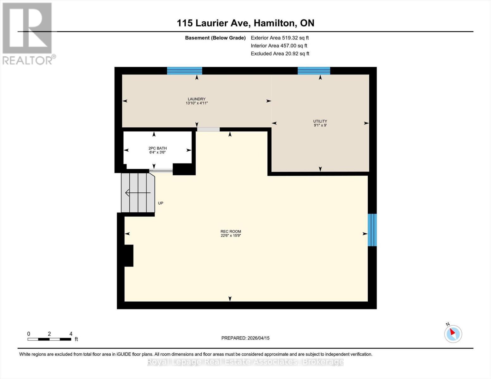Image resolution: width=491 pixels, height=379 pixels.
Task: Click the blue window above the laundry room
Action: point(184,71)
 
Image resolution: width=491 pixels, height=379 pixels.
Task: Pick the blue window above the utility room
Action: point(314,71)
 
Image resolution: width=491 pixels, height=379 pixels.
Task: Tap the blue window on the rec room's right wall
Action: point(372,230)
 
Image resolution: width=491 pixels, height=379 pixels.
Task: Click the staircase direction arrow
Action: point(138,192)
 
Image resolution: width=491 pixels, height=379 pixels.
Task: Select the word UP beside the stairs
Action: point(161,203)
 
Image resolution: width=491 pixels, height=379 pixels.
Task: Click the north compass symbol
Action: point(453,334)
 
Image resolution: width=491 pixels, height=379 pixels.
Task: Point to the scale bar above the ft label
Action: point(49,339)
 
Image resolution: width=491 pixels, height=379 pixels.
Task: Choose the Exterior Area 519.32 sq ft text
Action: point(279,38)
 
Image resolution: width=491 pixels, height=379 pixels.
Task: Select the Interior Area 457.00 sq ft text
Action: point(279,45)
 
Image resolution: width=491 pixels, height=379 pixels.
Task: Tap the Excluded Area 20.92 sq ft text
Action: point(280,53)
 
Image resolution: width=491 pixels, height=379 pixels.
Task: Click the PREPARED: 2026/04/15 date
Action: point(245,338)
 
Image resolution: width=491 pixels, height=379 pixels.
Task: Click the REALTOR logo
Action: point(28,33)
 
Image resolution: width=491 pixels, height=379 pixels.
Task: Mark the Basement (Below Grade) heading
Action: point(215,38)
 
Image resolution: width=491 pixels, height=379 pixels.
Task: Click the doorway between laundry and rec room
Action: point(208,129)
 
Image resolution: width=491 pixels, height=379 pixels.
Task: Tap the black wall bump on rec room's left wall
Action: point(129,256)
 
